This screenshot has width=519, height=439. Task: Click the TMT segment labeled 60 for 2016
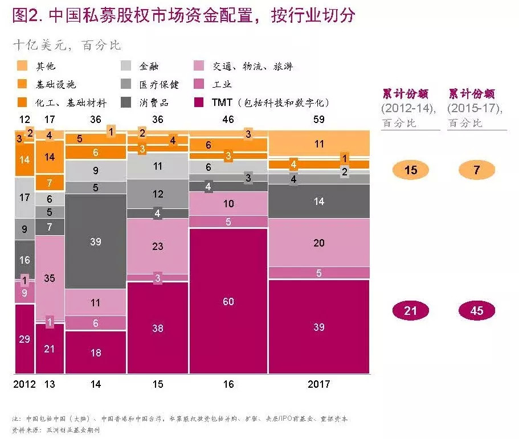[228, 301]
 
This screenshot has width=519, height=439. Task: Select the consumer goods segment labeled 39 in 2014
[95, 241]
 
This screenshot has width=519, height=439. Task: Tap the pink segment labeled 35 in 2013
[50, 278]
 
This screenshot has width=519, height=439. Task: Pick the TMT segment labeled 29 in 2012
[24, 339]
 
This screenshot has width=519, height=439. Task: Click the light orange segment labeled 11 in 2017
[318, 144]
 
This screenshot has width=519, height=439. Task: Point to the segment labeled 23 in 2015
[158, 246]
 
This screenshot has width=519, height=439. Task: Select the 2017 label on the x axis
[318, 384]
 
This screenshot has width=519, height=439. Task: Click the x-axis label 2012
[24, 384]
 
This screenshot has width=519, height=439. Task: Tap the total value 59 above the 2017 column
[318, 120]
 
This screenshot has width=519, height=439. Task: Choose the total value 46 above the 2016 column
[228, 120]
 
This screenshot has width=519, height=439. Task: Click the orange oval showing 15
[410, 170]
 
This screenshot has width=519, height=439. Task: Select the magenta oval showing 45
[476, 311]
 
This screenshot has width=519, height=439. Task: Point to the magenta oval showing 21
[410, 311]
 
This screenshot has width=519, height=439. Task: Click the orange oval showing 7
[476, 170]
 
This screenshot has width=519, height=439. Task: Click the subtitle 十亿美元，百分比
[67, 46]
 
